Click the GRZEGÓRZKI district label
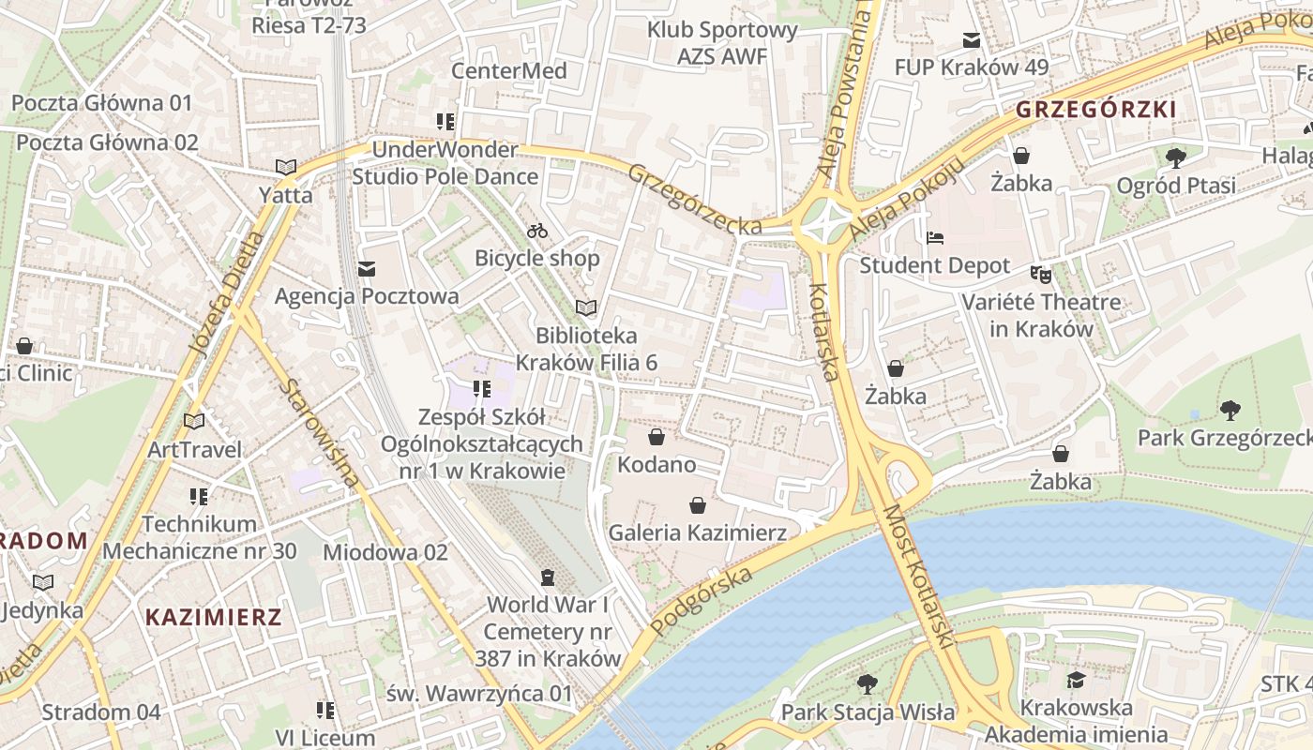(x=1095, y=110)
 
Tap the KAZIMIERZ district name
(x=214, y=617)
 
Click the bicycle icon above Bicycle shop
(x=537, y=231)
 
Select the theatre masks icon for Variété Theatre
(x=1041, y=275)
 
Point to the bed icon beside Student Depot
(x=935, y=238)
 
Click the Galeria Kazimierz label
(x=698, y=532)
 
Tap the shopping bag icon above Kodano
(x=656, y=437)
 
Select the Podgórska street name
(x=702, y=601)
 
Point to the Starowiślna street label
(x=321, y=432)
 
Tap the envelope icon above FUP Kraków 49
(x=971, y=40)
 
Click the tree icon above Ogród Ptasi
(x=1175, y=157)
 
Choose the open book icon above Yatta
(x=286, y=168)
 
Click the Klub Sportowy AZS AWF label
(x=722, y=43)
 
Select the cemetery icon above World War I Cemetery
(x=548, y=577)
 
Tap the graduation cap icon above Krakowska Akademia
(x=1076, y=680)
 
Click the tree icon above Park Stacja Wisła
(x=868, y=684)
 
